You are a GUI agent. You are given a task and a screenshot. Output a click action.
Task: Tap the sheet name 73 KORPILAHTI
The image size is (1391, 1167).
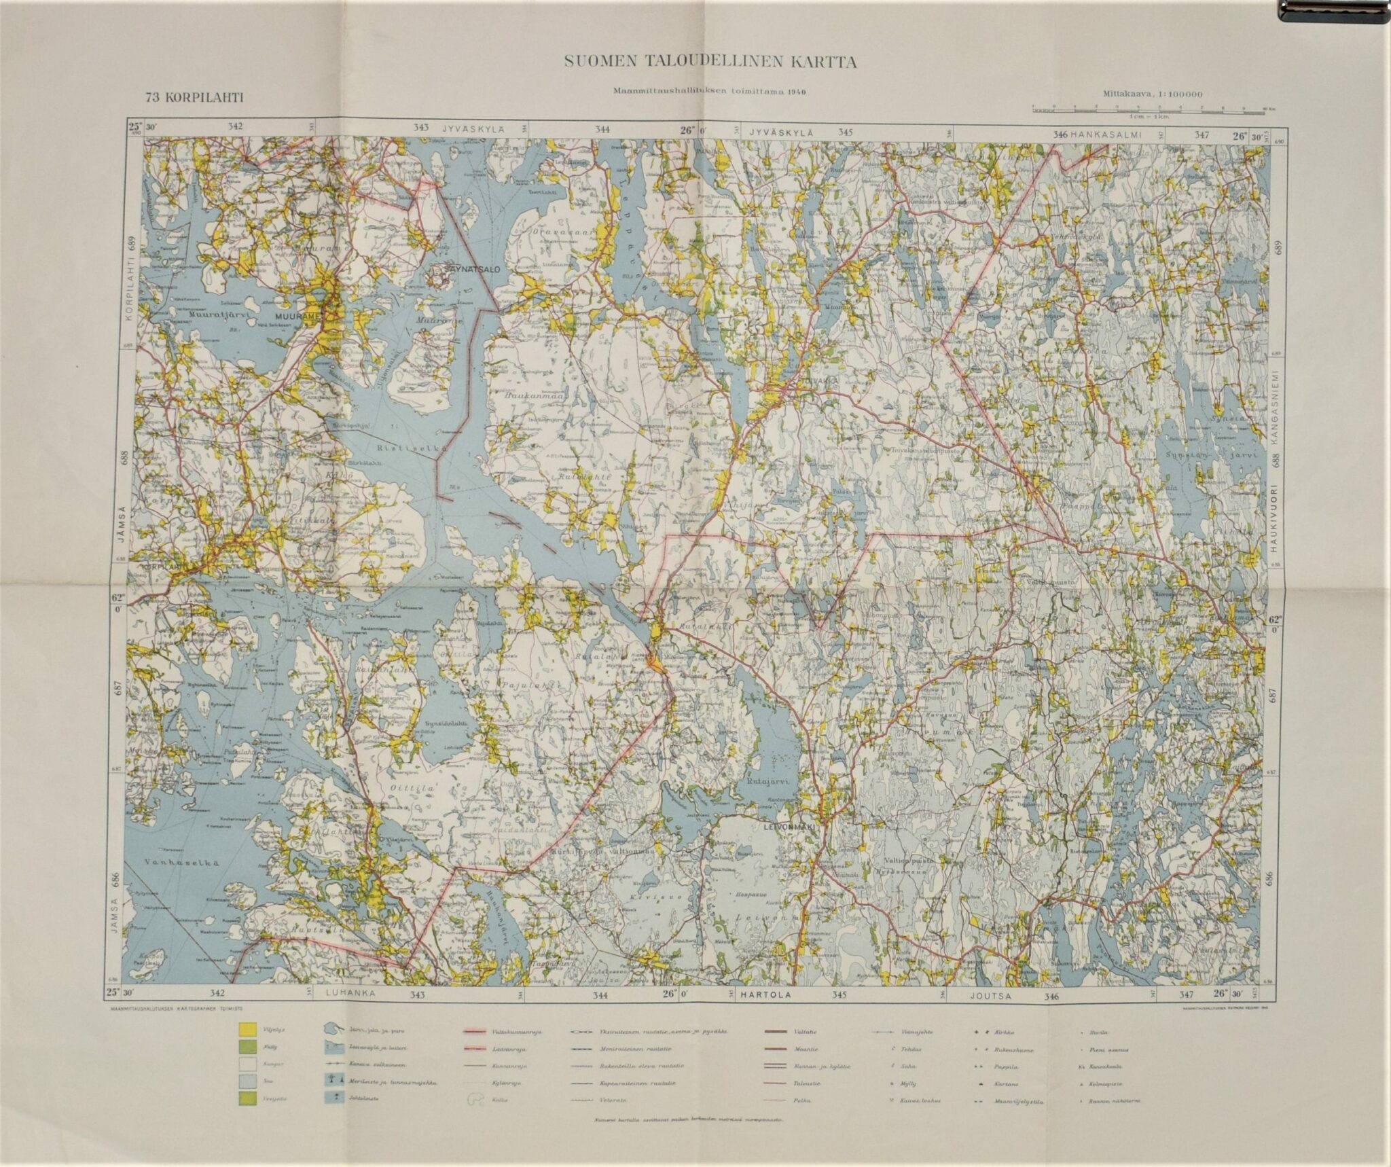point(194,97)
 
